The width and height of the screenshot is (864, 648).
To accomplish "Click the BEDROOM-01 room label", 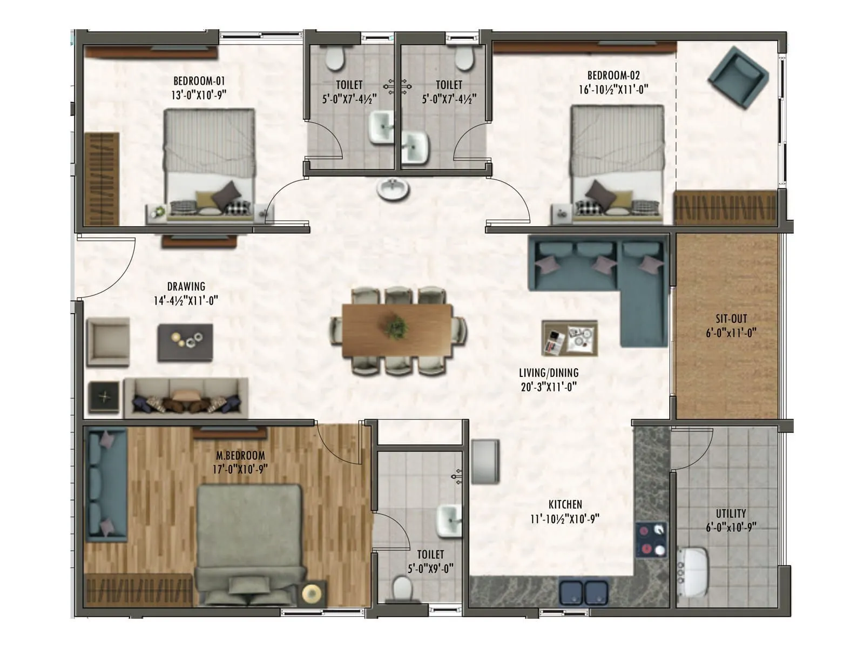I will click(x=199, y=82).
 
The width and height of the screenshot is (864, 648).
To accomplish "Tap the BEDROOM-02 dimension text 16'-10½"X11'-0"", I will click(x=613, y=90).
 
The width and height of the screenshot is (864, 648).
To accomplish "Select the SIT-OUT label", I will click(x=731, y=319).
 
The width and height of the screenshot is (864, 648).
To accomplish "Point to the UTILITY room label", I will click(x=731, y=514).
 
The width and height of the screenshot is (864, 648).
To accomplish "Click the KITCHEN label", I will click(x=565, y=504).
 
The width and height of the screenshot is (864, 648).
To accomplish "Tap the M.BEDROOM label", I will click(x=240, y=455).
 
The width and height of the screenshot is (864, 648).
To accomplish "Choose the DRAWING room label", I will click(x=186, y=286).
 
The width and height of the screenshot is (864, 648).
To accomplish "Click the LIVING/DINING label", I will click(x=549, y=373).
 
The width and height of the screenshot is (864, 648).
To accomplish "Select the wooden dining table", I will click(x=397, y=330).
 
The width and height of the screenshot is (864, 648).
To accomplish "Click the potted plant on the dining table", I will click(x=397, y=327).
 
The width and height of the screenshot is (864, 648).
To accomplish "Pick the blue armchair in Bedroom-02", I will click(x=738, y=77).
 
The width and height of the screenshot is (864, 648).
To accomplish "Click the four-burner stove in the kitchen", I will click(x=651, y=540).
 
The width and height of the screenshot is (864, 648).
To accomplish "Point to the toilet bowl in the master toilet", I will click(x=402, y=588).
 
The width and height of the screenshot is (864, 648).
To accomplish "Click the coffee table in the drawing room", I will click(x=185, y=342).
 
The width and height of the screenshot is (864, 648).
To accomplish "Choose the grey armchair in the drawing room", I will click(x=108, y=342).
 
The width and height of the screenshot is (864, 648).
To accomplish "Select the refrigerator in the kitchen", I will click(x=485, y=461).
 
